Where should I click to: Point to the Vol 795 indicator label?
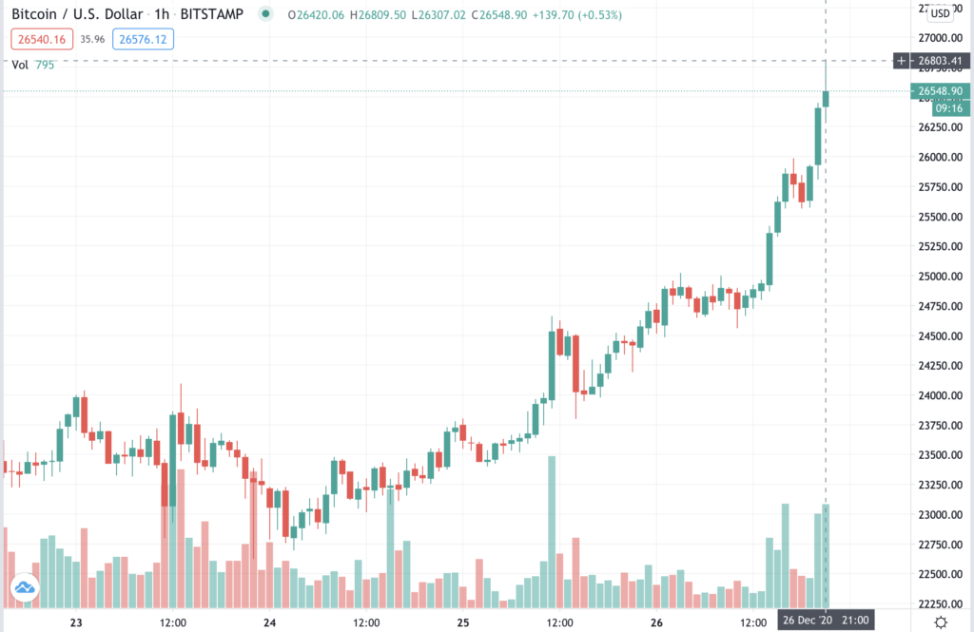(32, 65)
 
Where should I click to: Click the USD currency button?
(940, 13)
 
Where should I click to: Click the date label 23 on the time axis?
(77, 622)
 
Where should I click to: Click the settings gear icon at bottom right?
(941, 622)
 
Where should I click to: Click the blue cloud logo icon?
(24, 590)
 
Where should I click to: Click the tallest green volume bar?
(551, 532)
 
